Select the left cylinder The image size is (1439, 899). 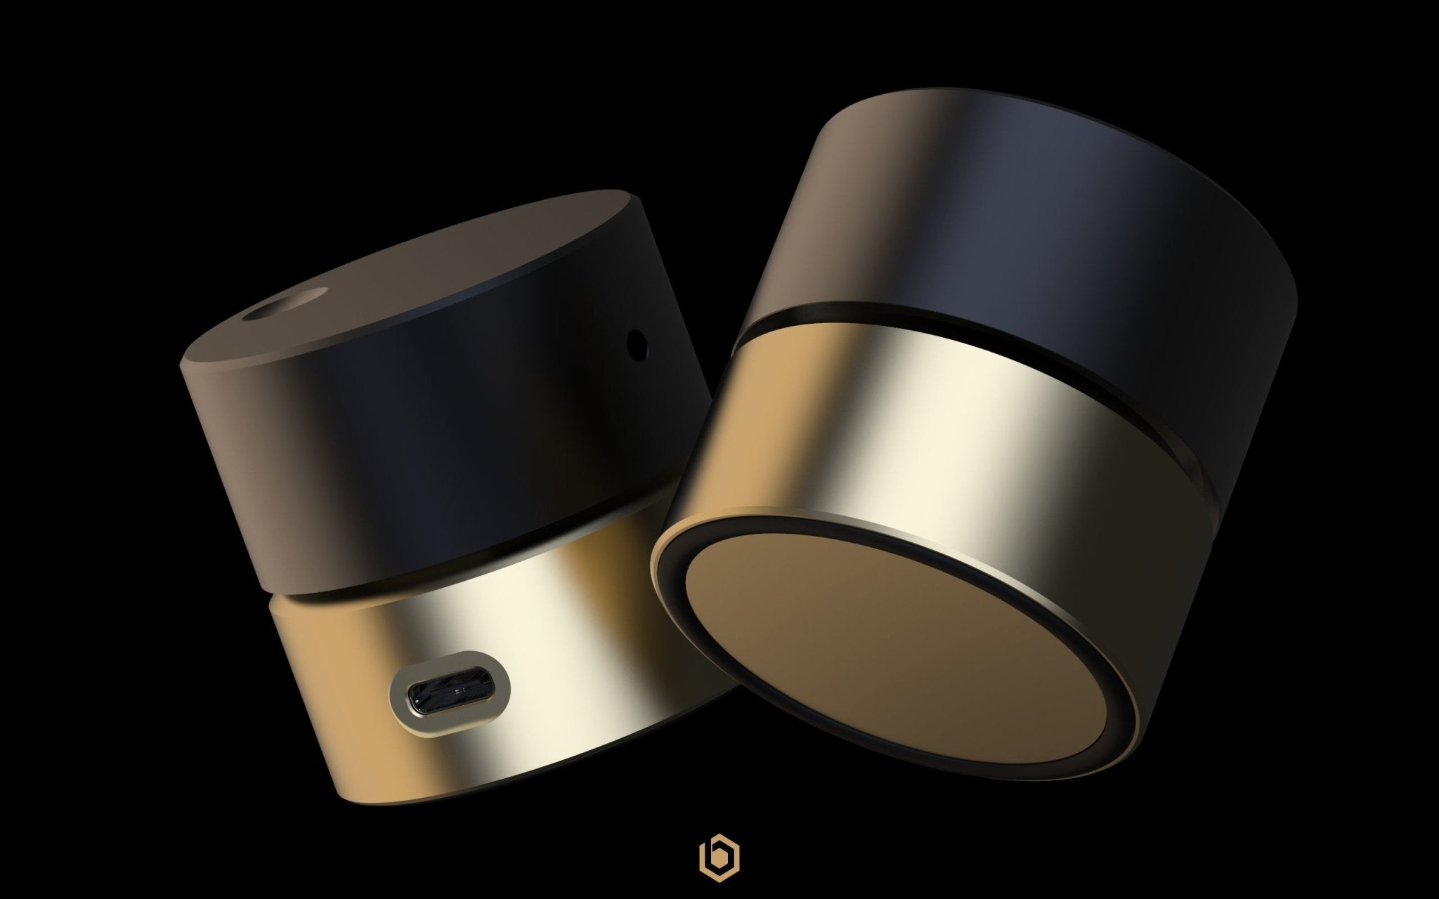pos(422,492)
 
